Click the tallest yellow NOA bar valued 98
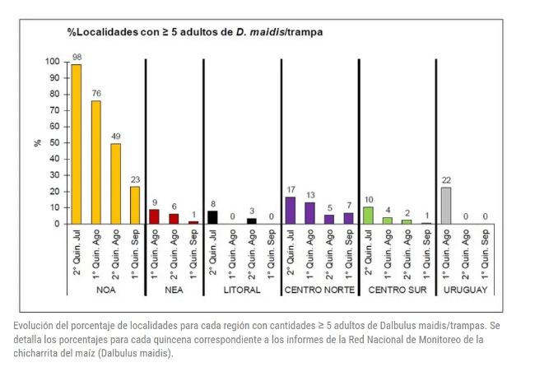click(77, 144)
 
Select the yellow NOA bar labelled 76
click(96, 162)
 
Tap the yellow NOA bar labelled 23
click(135, 205)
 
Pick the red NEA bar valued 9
click(154, 216)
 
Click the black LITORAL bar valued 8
click(212, 217)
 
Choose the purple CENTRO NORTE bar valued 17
click(291, 210)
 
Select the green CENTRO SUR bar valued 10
click(368, 216)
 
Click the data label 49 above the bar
click(115, 137)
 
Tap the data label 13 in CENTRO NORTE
click(309, 195)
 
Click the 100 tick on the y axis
click(52, 62)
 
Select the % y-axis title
click(37, 142)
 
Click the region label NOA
click(105, 290)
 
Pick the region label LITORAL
click(242, 290)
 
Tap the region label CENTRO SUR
click(397, 290)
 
